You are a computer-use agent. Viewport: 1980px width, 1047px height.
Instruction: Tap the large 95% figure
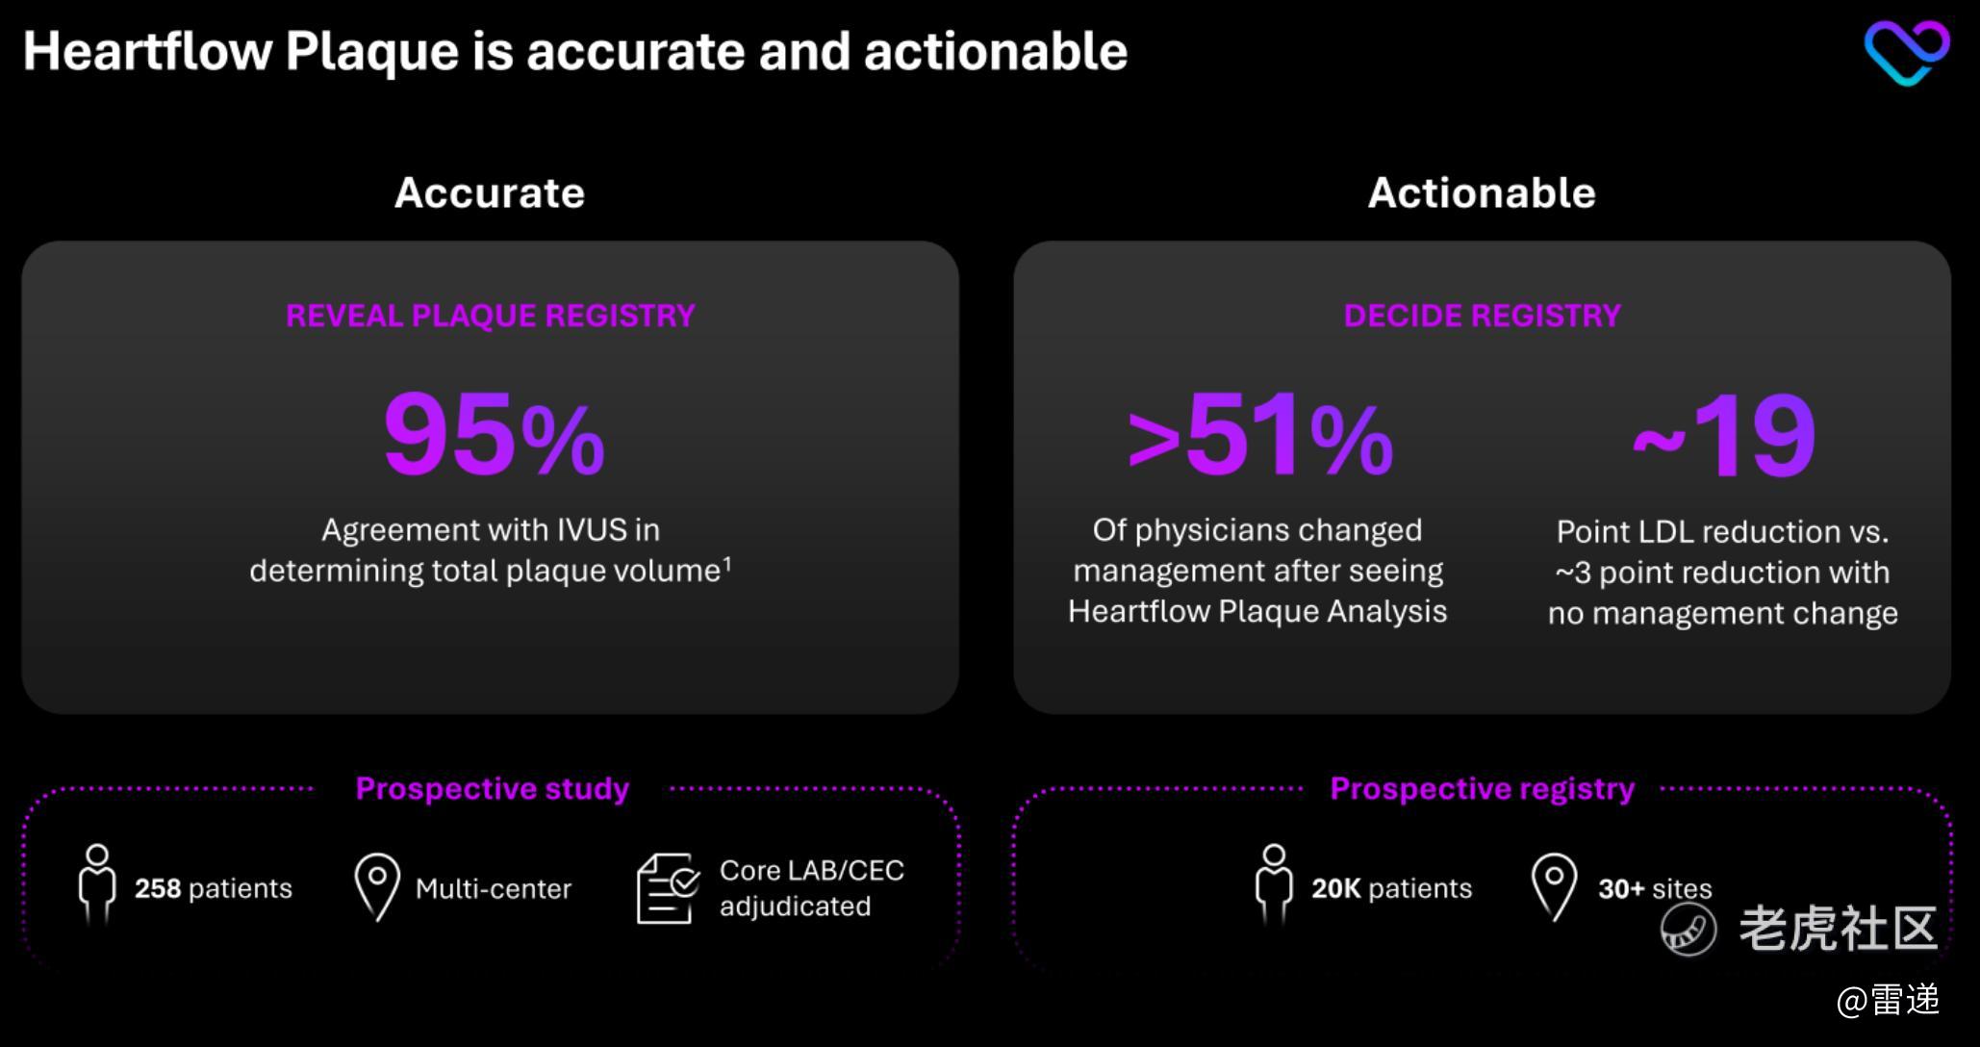[x=494, y=435]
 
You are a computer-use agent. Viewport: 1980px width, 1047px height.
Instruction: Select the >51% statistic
[x=1259, y=435]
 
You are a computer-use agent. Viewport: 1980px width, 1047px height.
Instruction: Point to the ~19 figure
[x=1723, y=436]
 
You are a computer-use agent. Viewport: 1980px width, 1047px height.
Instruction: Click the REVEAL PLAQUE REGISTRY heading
[x=491, y=316]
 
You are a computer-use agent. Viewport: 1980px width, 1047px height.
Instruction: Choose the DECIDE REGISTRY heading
[x=1482, y=316]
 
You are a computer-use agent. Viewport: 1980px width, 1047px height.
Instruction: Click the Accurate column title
[x=490, y=192]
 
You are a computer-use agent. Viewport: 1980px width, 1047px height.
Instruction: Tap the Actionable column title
[x=1482, y=192]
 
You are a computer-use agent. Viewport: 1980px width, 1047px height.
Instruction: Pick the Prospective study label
[x=493, y=788]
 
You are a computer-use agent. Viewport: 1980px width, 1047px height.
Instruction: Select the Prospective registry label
[x=1482, y=788]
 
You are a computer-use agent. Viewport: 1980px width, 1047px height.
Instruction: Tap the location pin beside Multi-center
[x=377, y=886]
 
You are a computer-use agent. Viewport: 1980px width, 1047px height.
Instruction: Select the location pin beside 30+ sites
[x=1554, y=886]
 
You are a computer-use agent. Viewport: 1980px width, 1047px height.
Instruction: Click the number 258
[x=158, y=888]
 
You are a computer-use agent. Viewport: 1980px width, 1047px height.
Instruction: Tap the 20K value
[x=1336, y=888]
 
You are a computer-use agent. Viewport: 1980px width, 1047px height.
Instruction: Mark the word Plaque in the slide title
[x=371, y=53]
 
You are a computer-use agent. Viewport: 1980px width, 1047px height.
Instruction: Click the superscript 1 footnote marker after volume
[x=727, y=564]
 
